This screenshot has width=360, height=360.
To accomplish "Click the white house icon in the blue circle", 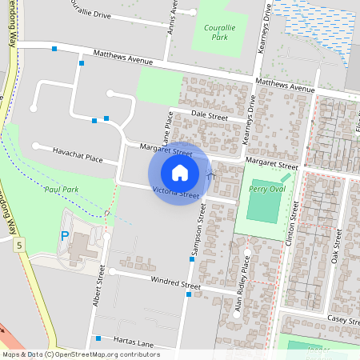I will point(180,172).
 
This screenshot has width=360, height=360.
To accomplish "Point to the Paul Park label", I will point(61,189).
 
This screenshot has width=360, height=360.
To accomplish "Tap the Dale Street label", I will point(210,117).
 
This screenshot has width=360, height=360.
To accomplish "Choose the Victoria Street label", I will point(175,193).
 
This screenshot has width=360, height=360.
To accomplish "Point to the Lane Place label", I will point(168,129).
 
